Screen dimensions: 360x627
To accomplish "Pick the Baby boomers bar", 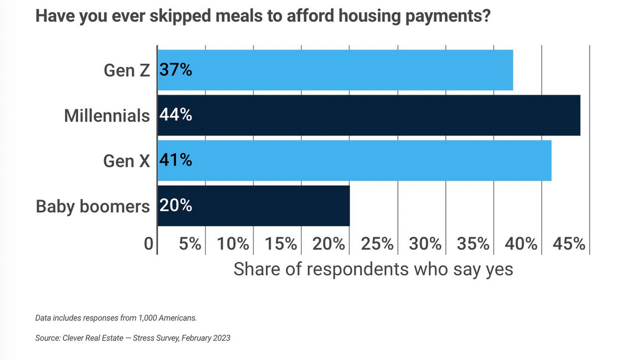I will [253, 206].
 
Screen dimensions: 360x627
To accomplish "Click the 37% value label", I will [176, 70].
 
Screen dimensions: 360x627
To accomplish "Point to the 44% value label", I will [176, 115].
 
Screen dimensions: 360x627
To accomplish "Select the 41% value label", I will [176, 161].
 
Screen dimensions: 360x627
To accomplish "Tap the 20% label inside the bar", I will [176, 206].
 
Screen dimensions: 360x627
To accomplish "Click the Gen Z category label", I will [127, 71].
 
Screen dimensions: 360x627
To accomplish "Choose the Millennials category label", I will [107, 116].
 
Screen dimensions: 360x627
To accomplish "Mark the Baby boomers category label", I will [93, 207].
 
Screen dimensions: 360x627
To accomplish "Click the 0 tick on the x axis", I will [148, 244].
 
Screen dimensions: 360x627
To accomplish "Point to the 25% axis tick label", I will [377, 244].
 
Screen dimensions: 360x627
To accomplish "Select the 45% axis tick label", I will [569, 244].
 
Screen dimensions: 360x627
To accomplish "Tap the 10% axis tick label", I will [233, 244].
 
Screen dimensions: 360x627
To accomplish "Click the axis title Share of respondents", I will [373, 269].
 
